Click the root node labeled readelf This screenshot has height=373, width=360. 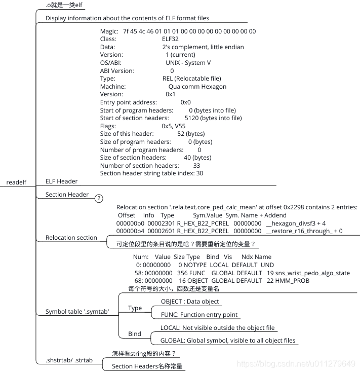(16, 182)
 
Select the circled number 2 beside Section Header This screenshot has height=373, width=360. (99, 199)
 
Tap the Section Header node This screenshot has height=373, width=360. (67, 195)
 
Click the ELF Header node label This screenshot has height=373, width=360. (61, 181)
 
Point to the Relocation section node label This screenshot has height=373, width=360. (71, 238)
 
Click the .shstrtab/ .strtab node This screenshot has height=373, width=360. (69, 360)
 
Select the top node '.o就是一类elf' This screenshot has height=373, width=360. (64, 5)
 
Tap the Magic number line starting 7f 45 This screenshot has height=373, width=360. (178, 31)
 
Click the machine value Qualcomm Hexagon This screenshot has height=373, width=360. (197, 87)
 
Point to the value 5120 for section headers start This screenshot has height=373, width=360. (192, 118)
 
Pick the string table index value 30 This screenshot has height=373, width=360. (199, 173)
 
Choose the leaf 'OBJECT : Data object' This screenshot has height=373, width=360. (190, 301)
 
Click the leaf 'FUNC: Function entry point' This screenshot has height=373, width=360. (195, 315)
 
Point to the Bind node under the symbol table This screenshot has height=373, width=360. (134, 334)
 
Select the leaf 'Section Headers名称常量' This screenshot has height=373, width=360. (147, 366)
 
